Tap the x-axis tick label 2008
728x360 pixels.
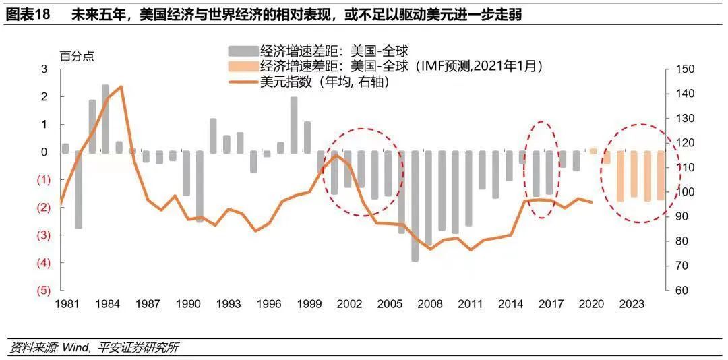pos(429,304)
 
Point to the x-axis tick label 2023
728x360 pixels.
pos(631,304)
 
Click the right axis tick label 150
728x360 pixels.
pos(684,69)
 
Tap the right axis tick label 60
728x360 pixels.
pos(681,290)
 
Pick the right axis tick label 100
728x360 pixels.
pos(684,192)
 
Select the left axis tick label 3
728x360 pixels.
pos(44,69)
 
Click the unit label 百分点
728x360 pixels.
pos(77,56)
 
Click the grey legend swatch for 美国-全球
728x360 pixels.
pos(243,51)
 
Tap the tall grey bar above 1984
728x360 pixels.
pos(106,118)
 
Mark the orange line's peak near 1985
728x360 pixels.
pos(120,86)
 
